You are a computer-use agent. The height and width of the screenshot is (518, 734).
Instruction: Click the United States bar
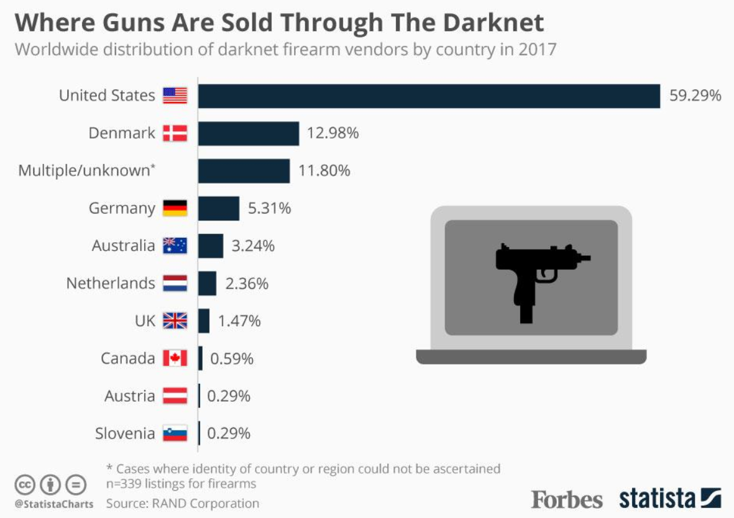[429, 96]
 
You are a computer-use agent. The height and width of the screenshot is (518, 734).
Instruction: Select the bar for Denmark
[249, 133]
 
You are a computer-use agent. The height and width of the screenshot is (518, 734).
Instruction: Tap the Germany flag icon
[175, 208]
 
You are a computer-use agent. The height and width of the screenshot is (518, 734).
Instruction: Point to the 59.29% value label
[695, 96]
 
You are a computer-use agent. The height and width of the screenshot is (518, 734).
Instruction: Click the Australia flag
[175, 246]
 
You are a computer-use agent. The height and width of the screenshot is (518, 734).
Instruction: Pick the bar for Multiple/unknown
[244, 171]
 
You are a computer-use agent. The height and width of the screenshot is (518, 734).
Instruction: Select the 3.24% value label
[253, 246]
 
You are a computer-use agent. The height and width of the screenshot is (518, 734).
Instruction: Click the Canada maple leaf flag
[175, 358]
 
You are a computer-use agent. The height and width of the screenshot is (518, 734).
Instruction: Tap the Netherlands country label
[111, 284]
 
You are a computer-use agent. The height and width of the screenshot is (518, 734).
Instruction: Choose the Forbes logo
[567, 499]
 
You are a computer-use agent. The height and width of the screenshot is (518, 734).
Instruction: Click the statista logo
[670, 499]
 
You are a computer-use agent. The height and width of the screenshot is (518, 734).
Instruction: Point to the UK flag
[175, 321]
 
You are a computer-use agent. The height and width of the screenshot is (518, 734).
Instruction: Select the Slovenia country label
[125, 434]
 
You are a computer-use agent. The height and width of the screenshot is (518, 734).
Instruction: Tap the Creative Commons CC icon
[23, 484]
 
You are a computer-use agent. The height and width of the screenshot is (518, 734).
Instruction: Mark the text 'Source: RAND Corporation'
[182, 503]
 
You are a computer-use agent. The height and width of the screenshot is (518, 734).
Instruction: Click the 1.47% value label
[239, 321]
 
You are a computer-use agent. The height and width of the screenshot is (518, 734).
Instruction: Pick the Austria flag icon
[175, 396]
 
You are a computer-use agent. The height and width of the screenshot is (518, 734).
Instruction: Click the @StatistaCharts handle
[53, 504]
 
